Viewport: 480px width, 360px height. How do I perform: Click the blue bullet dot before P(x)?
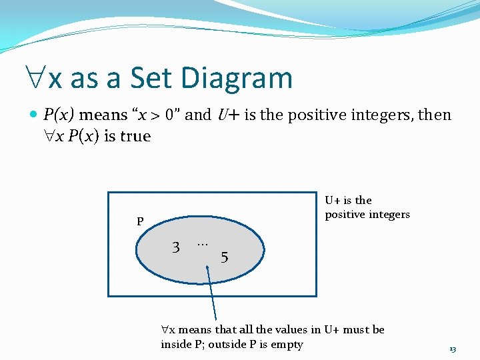35,115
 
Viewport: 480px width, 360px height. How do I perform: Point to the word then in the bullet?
434,115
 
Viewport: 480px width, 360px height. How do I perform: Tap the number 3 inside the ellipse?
176,247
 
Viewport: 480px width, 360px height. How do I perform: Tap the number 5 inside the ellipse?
225,257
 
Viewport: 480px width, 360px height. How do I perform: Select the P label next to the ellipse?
140,222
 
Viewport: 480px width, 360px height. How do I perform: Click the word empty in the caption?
287,345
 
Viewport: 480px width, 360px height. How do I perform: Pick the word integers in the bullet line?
388,115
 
